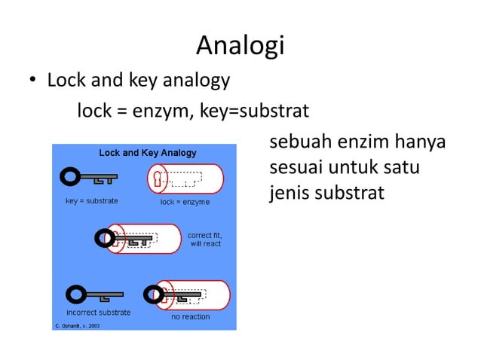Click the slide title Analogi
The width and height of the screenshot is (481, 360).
240,46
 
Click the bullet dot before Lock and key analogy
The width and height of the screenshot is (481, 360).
33,81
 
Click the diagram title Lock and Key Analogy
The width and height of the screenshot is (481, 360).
148,153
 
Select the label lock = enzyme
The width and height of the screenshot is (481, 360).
185,202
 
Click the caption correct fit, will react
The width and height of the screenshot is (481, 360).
205,239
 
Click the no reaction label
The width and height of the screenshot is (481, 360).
191,317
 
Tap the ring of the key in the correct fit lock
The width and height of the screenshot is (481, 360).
105,239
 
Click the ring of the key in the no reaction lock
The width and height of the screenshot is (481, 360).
153,293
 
